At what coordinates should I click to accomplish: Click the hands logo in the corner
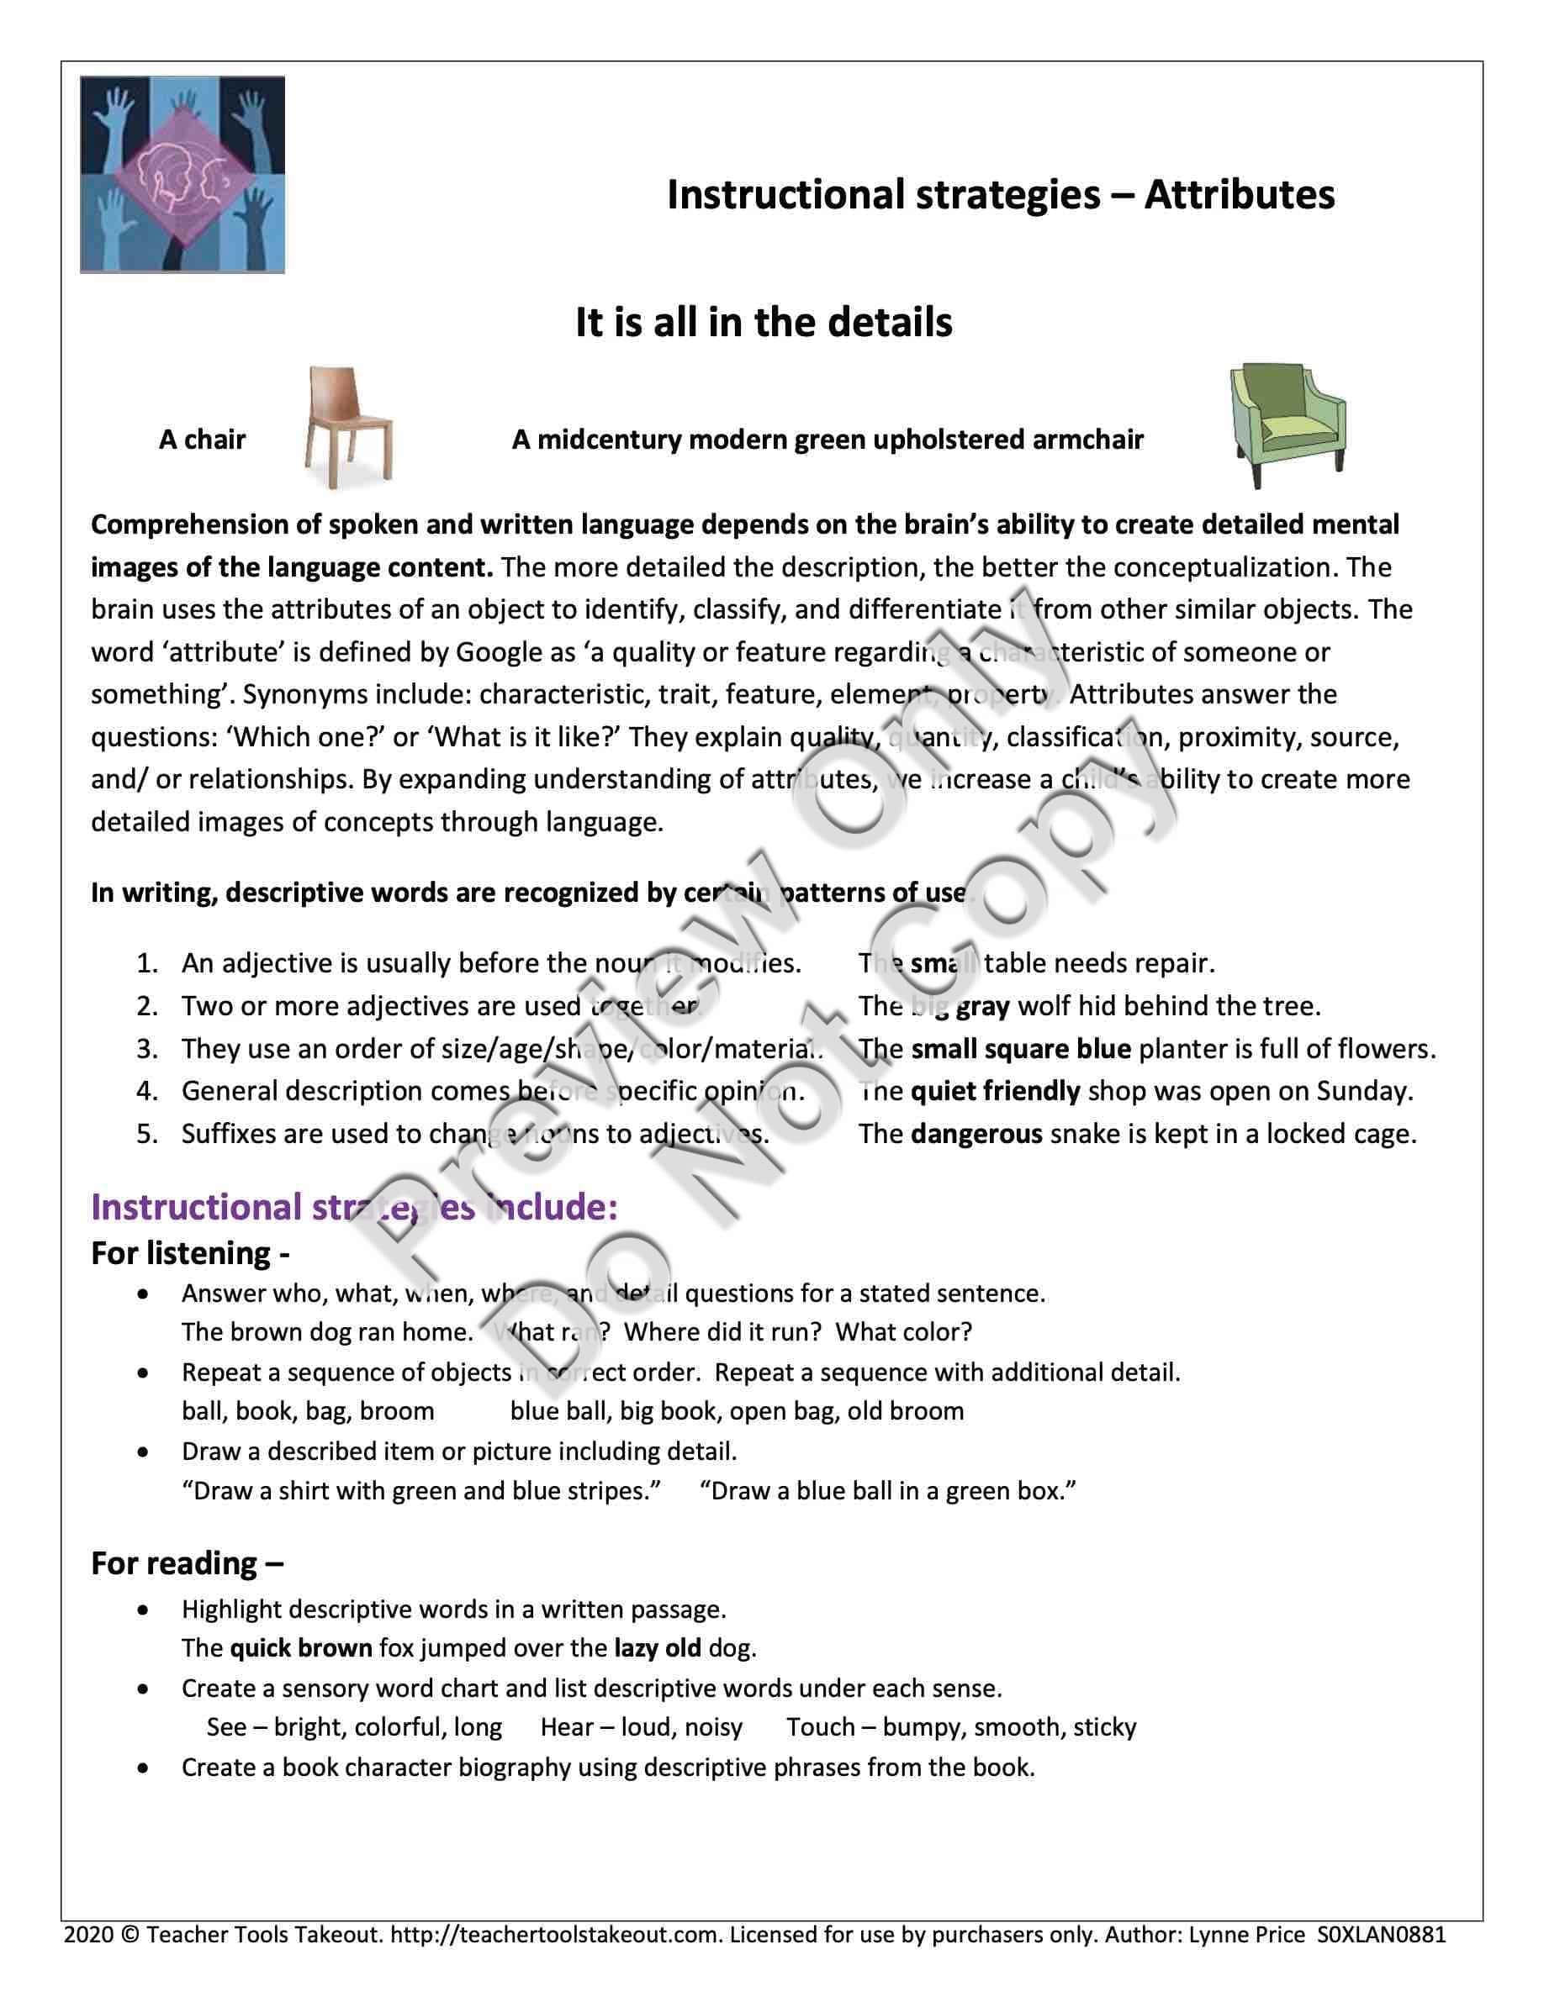coord(182,174)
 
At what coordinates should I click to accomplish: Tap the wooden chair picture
coord(347,427)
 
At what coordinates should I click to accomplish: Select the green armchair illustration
coord(1287,425)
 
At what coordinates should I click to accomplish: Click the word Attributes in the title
coord(1239,195)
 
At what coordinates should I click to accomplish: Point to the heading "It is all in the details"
coord(764,323)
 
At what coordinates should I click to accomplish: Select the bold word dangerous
coord(976,1134)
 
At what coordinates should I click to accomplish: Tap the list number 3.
coord(146,1049)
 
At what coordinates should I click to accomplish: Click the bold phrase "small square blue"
coord(1021,1049)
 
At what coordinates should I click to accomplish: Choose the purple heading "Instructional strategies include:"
coord(354,1207)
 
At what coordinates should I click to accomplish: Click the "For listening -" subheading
coord(190,1252)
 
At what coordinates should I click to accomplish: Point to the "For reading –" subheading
coord(187,1563)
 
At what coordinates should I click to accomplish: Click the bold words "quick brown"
coord(301,1647)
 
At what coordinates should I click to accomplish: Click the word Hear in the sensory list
coord(567,1726)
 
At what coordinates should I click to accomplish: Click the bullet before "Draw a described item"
coord(143,1452)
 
